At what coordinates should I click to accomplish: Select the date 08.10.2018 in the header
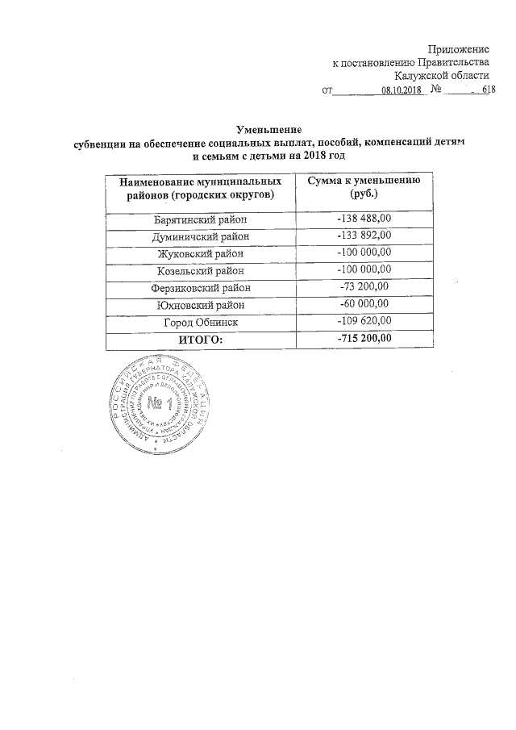tap(401, 90)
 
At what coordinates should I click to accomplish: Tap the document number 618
tap(488, 90)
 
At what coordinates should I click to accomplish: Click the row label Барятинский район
tap(202, 219)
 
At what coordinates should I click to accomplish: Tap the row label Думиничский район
tap(202, 236)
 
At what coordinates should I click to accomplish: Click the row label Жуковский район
tap(202, 253)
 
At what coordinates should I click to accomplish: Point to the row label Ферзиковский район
tap(202, 287)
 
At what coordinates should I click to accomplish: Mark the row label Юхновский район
tap(202, 305)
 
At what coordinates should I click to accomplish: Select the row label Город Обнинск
tap(202, 323)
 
